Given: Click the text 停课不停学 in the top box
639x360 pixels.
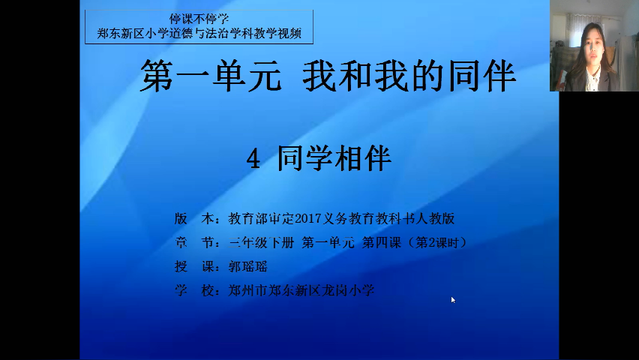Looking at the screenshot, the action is (x=199, y=19).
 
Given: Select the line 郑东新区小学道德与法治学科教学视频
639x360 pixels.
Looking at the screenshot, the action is (x=199, y=33).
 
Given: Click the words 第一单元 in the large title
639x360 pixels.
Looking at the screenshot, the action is (x=211, y=76).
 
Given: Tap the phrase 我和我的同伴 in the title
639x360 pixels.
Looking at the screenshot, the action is (x=409, y=76).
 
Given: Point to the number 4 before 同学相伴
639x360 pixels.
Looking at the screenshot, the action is (x=253, y=159).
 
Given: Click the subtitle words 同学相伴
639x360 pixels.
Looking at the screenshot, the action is (x=334, y=158).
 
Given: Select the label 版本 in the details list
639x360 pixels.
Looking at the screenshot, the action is (x=194, y=219).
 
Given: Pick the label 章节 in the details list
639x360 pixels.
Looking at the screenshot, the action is (x=194, y=242).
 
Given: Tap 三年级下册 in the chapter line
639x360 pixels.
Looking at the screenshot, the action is (x=261, y=242).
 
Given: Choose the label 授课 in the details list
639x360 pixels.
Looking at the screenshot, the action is (x=194, y=267).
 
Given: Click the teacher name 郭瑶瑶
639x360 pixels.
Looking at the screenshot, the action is (x=247, y=267).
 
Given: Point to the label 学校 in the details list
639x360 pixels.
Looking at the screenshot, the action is (x=194, y=290).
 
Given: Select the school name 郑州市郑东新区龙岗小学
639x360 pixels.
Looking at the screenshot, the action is (x=301, y=290).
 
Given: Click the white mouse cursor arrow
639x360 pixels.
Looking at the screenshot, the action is (x=453, y=300).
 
